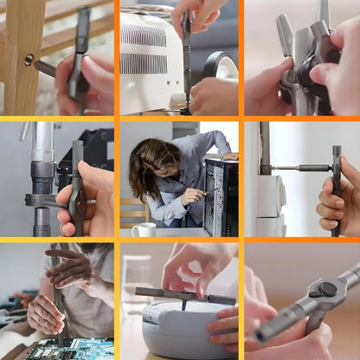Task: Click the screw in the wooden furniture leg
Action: click(29, 60)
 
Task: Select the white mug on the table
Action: click(144, 229)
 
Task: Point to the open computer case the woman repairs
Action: click(221, 195)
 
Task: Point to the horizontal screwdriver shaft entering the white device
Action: click(299, 168)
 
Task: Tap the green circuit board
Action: click(69, 348)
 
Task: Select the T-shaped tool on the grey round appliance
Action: click(183, 295)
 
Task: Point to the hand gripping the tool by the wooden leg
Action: click(87, 87)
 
